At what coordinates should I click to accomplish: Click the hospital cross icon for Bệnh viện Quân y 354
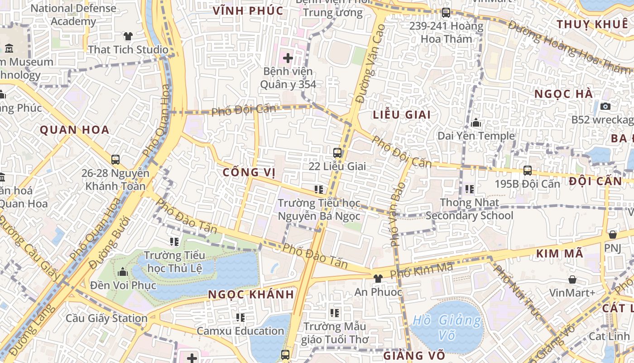pyautogui.click(x=288, y=58)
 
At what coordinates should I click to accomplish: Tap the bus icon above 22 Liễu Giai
pyautogui.click(x=337, y=153)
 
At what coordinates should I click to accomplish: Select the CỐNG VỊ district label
pyautogui.click(x=249, y=172)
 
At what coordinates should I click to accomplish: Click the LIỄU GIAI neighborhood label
pyautogui.click(x=402, y=115)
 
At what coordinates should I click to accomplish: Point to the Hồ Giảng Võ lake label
pyautogui.click(x=447, y=328)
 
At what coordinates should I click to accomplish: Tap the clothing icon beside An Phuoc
pyautogui.click(x=378, y=278)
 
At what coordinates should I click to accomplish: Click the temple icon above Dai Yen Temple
pyautogui.click(x=476, y=123)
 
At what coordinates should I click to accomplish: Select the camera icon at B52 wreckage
pyautogui.click(x=605, y=107)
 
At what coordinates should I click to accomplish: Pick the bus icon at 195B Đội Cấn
pyautogui.click(x=527, y=171)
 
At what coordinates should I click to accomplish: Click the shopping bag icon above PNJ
pyautogui.click(x=612, y=235)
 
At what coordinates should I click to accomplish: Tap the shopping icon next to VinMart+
pyautogui.click(x=572, y=280)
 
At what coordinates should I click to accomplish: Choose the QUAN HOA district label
pyautogui.click(x=75, y=130)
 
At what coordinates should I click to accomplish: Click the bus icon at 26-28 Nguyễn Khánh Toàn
pyautogui.click(x=115, y=160)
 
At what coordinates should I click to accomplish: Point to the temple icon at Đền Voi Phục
pyautogui.click(x=123, y=272)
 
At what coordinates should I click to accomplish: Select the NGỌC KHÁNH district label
pyautogui.click(x=251, y=294)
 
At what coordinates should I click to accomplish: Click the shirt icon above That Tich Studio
pyautogui.click(x=128, y=36)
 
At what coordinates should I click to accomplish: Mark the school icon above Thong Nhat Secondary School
pyautogui.click(x=469, y=189)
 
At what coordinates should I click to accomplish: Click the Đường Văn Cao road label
pyautogui.click(x=370, y=64)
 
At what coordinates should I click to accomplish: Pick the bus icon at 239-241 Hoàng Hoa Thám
pyautogui.click(x=446, y=13)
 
